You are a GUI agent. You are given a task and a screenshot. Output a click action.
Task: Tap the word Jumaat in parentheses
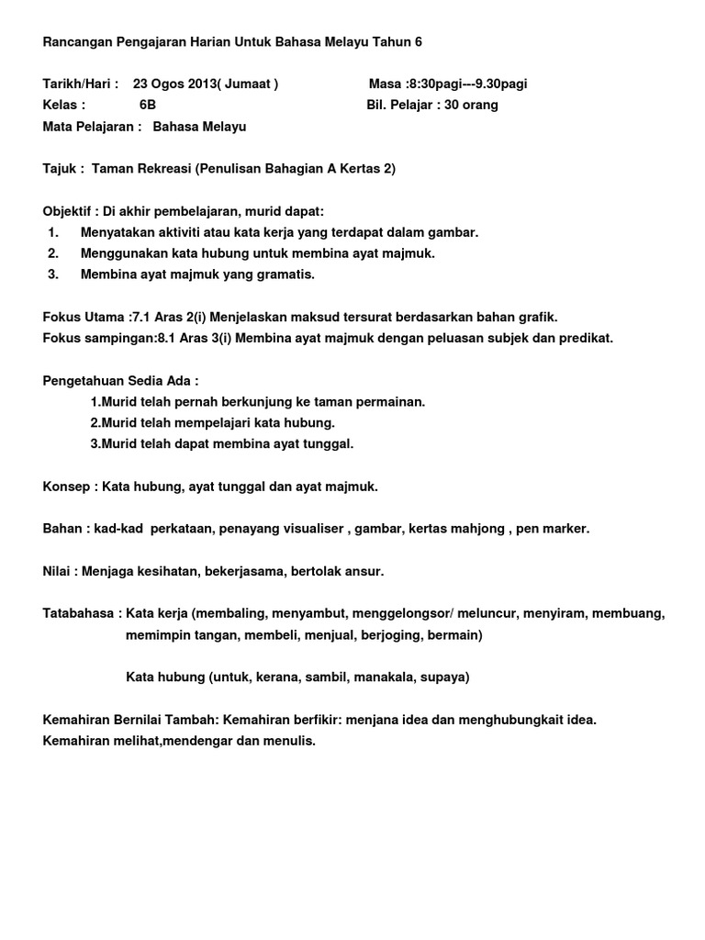(x=249, y=84)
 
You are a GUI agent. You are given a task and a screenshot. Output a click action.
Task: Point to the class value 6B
(x=148, y=106)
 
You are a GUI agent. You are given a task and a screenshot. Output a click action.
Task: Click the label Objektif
(x=70, y=211)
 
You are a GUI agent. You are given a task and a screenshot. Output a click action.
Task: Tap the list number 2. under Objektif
(x=53, y=253)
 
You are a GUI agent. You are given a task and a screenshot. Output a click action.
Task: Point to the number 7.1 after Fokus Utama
(x=141, y=317)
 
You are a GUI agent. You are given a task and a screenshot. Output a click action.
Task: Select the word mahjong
(x=478, y=529)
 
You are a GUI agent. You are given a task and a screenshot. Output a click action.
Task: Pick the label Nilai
(x=57, y=571)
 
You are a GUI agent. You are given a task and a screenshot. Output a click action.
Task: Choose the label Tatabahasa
(x=78, y=613)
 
